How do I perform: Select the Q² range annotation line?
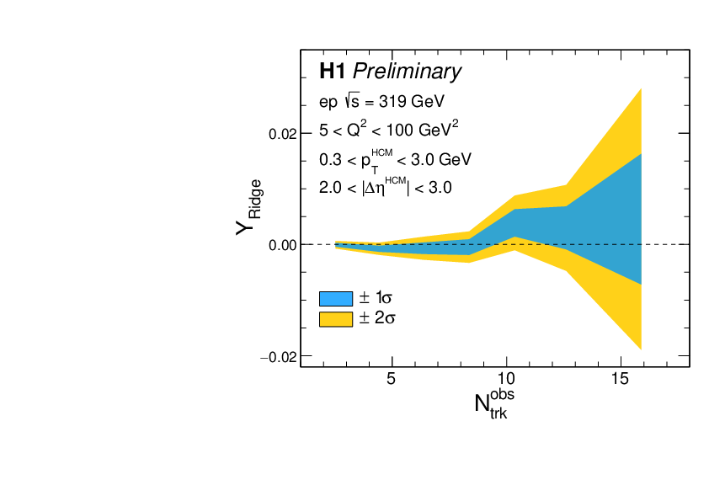point(388,130)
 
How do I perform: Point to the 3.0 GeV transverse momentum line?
point(395,158)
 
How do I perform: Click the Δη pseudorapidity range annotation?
point(386,187)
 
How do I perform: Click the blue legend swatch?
point(335,298)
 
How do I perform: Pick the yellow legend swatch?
point(335,319)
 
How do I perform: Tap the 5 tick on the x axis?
point(391,379)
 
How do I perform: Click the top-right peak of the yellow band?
point(641,89)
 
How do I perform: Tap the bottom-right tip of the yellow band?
point(641,348)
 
